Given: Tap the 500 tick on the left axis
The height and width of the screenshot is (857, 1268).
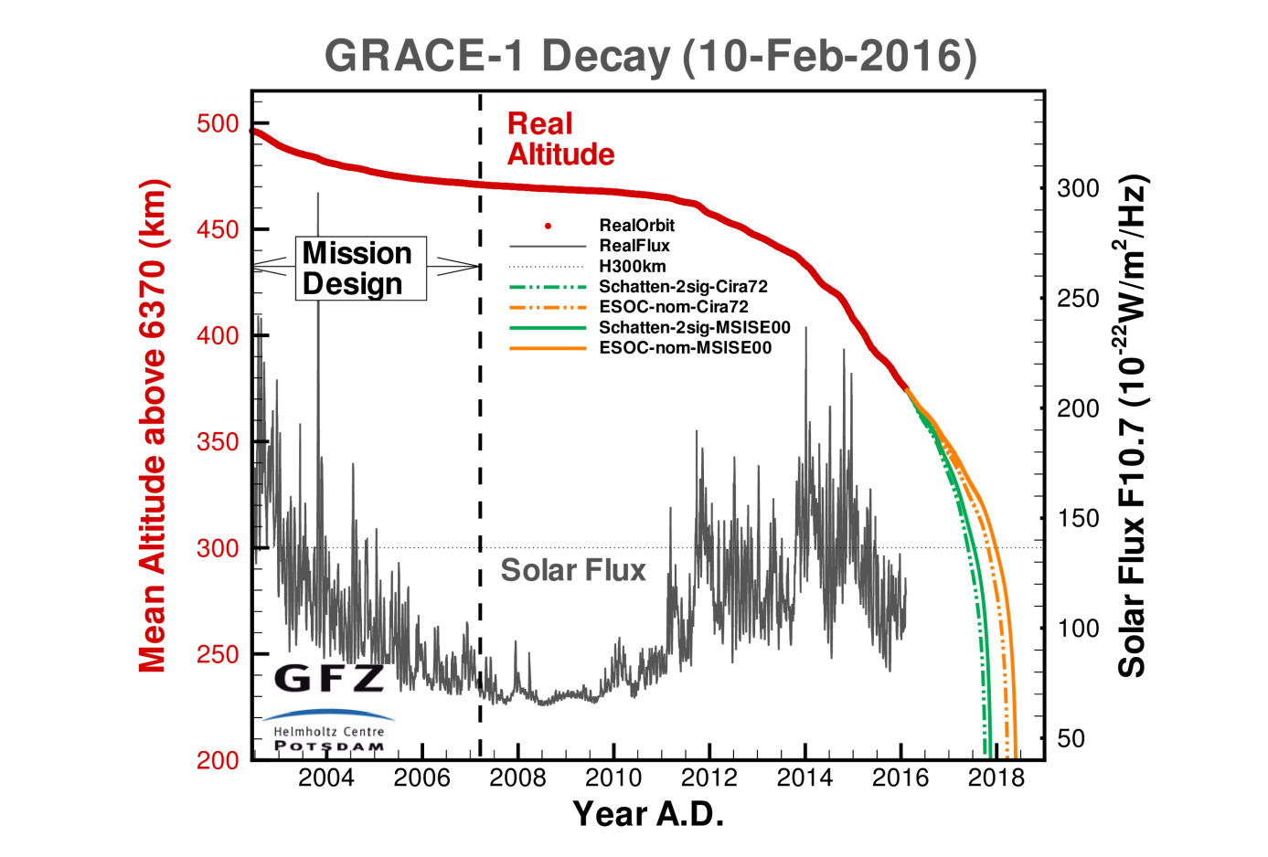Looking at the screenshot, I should (218, 123).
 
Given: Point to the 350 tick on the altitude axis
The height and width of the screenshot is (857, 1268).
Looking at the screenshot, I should (218, 441).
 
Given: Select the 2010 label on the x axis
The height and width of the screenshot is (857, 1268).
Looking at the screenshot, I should (613, 778).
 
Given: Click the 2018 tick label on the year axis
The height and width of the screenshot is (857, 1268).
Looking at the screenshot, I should (996, 778).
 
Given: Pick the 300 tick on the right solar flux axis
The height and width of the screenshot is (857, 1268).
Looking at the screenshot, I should (1078, 188).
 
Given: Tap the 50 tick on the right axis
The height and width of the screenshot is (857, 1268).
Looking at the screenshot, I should (1071, 738).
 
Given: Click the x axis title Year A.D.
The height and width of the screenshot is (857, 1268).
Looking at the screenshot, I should (648, 813).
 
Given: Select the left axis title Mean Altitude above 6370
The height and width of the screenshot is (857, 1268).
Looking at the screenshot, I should (153, 426).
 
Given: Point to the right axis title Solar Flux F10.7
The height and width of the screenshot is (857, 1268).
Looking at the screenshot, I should (1132, 426).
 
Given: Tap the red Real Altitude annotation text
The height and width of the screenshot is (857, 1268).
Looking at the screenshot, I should (560, 139).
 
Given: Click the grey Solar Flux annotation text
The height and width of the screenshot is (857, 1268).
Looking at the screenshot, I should (573, 570).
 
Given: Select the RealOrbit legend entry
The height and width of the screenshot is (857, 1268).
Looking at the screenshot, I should (636, 226).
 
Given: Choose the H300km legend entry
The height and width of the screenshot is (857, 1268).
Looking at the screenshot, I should (632, 266).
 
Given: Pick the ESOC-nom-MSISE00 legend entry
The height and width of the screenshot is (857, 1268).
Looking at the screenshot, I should (685, 348).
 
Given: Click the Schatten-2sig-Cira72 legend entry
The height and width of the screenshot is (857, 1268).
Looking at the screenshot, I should (683, 287).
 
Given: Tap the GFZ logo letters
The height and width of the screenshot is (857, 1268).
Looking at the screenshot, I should (329, 678).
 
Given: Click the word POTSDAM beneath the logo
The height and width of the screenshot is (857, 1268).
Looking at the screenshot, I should (329, 746).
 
